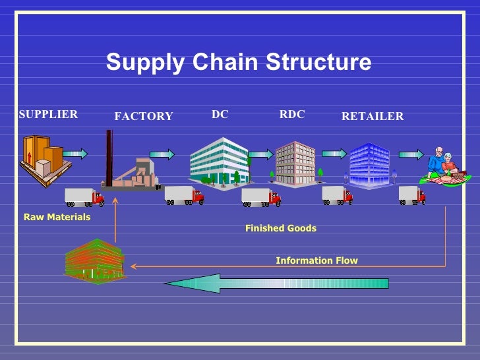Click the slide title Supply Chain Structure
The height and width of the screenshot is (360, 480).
click(239, 63)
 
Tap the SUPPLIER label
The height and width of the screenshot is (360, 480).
click(48, 114)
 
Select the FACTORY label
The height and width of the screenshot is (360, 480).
click(143, 117)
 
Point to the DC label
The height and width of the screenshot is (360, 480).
click(220, 114)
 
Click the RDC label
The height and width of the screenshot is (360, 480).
click(292, 114)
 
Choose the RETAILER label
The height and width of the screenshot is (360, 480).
click(372, 117)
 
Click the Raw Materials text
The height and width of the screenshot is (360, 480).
click(57, 217)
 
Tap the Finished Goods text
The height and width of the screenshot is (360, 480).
click(280, 228)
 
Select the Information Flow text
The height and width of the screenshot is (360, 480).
click(316, 260)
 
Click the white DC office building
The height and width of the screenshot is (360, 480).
click(218, 160)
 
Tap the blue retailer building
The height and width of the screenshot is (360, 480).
click(369, 165)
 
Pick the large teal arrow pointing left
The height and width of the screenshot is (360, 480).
click(277, 283)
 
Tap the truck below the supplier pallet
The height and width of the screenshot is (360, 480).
click(84, 196)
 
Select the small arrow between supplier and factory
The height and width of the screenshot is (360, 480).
click(75, 154)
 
